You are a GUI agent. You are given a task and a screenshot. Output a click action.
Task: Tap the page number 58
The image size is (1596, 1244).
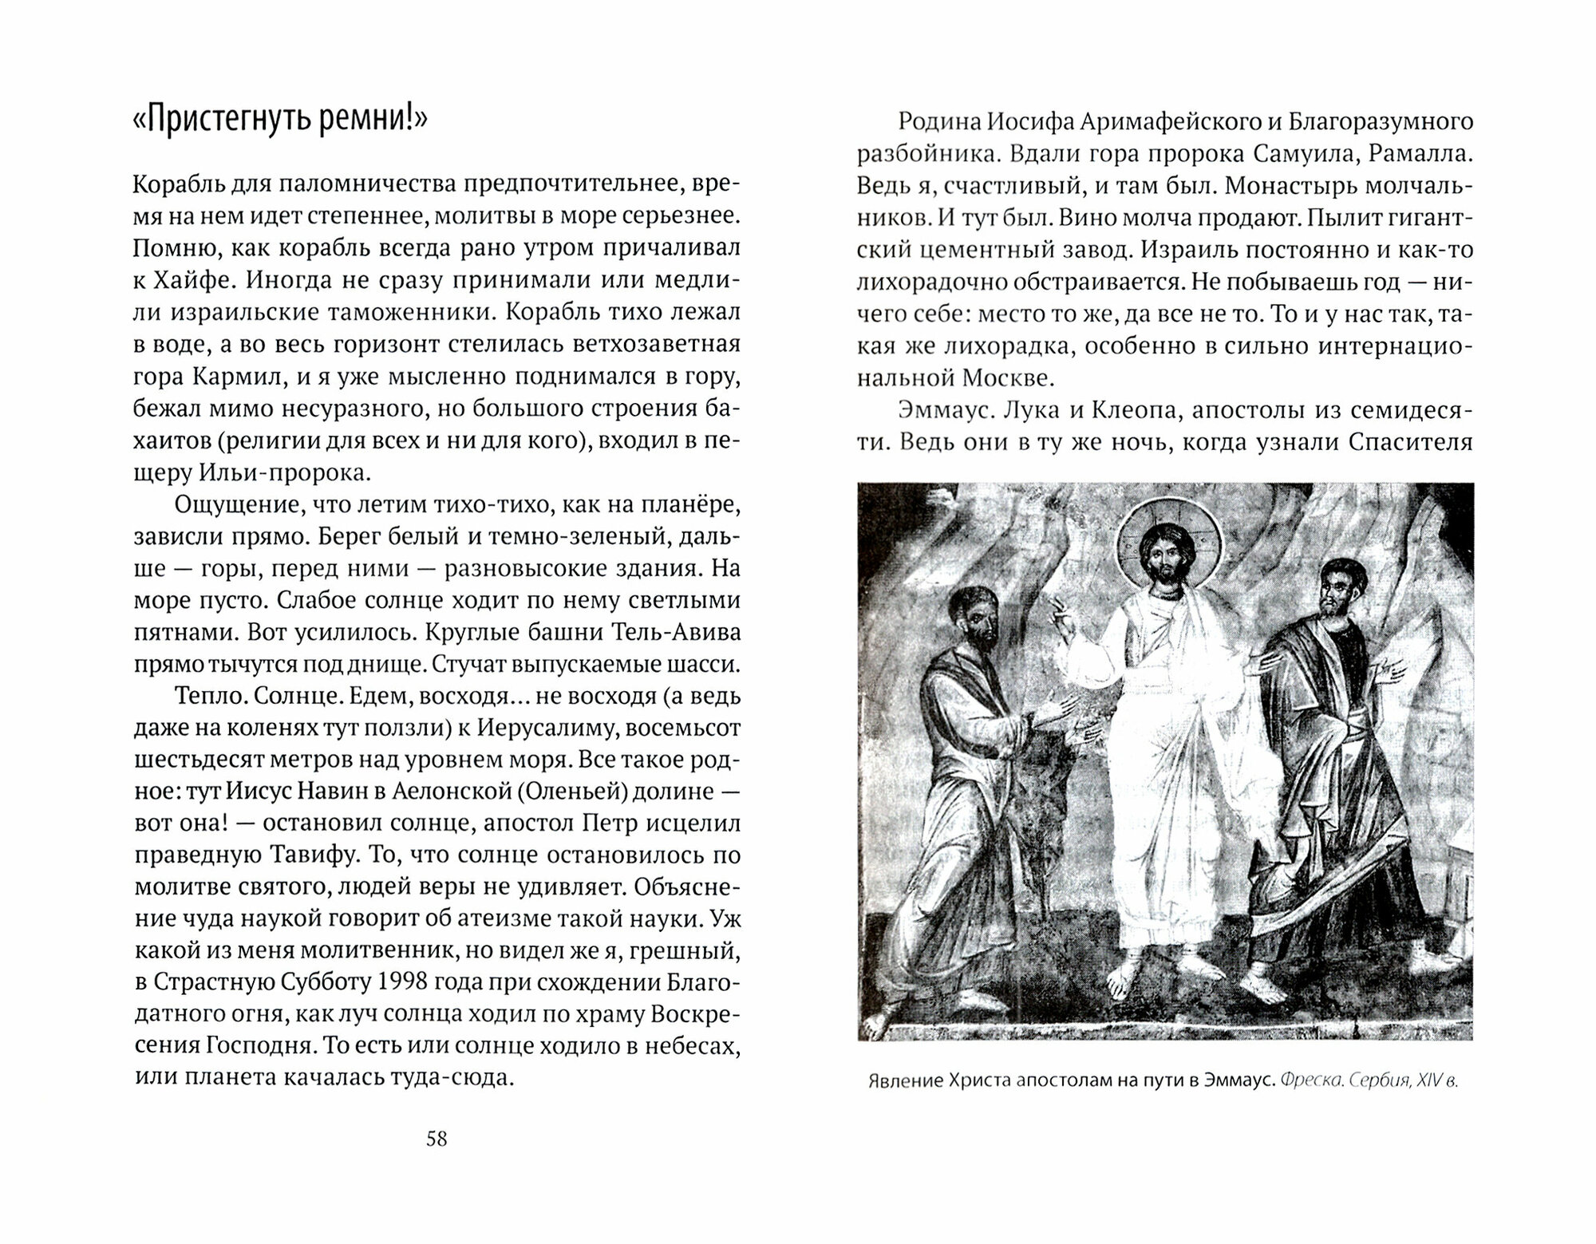coord(437,1139)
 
